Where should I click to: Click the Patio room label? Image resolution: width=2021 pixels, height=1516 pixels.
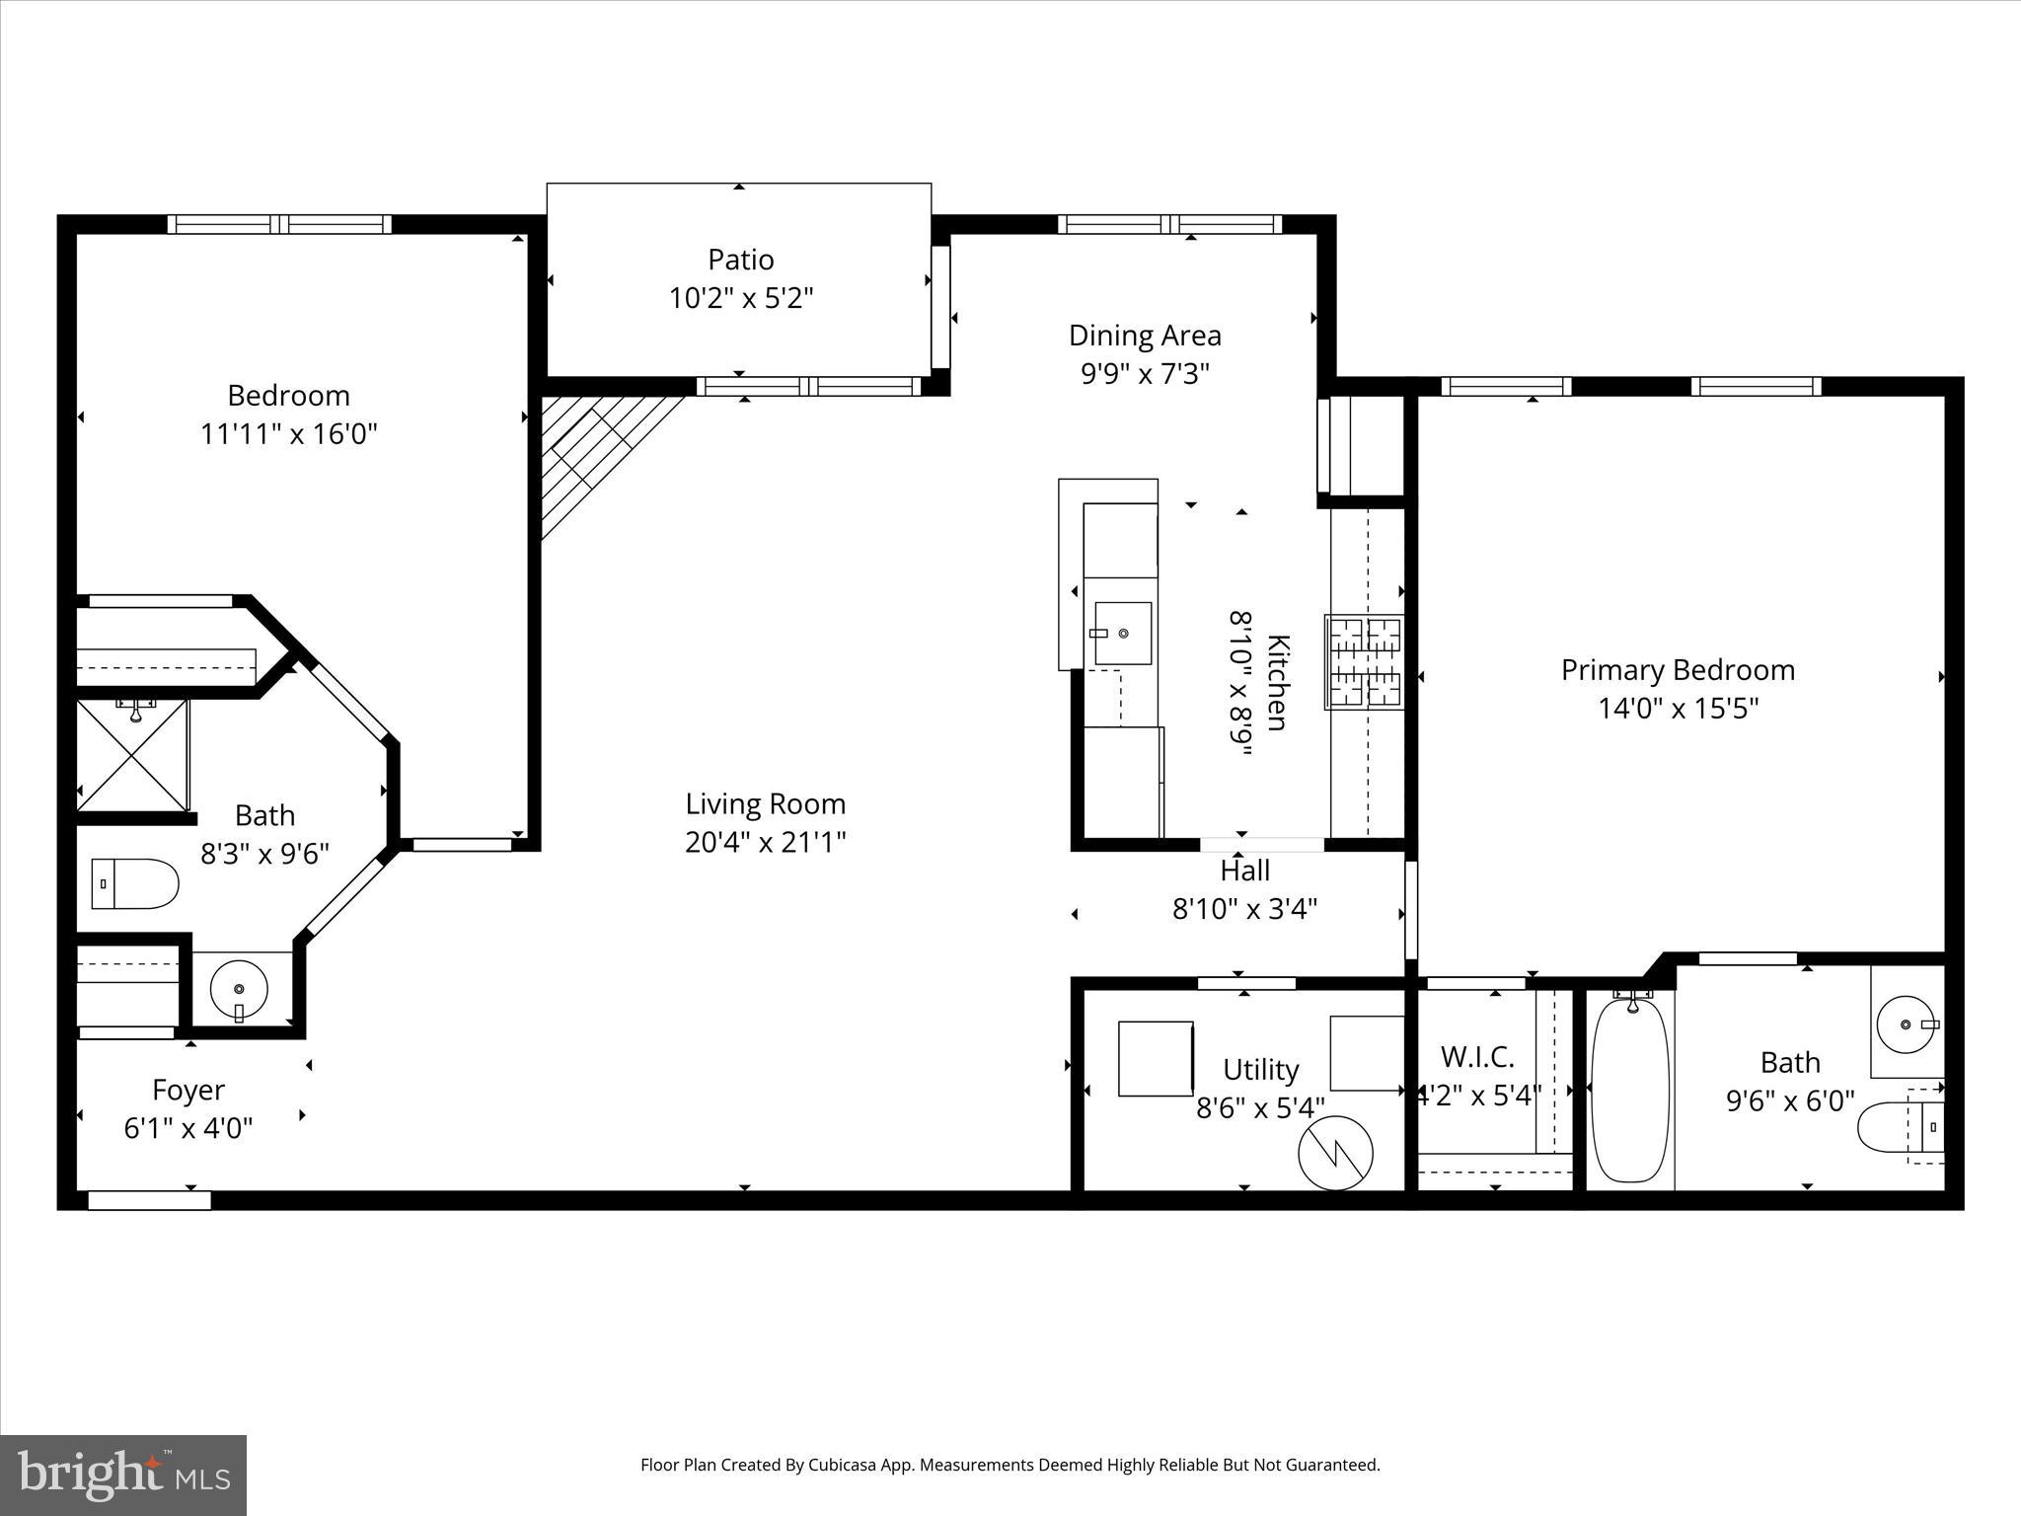(x=740, y=260)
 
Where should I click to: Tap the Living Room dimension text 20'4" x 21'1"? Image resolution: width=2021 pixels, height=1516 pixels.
(x=766, y=842)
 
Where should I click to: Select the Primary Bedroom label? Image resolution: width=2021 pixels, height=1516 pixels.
(x=1678, y=670)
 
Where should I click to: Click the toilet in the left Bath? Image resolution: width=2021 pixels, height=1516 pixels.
(x=135, y=883)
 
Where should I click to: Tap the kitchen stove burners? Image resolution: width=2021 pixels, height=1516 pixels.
(x=1365, y=661)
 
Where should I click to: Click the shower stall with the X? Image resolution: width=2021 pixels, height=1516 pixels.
(x=132, y=755)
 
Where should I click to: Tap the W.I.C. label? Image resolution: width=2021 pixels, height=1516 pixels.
(x=1477, y=1057)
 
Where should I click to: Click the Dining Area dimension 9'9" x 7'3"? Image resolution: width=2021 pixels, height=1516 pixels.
(x=1145, y=374)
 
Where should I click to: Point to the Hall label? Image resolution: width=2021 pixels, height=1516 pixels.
(x=1244, y=871)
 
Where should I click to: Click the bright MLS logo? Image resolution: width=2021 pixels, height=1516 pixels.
(x=123, y=1474)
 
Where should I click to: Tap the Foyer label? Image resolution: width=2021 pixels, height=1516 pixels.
(x=188, y=1090)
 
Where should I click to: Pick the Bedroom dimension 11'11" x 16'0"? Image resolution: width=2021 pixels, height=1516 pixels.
(x=289, y=433)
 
